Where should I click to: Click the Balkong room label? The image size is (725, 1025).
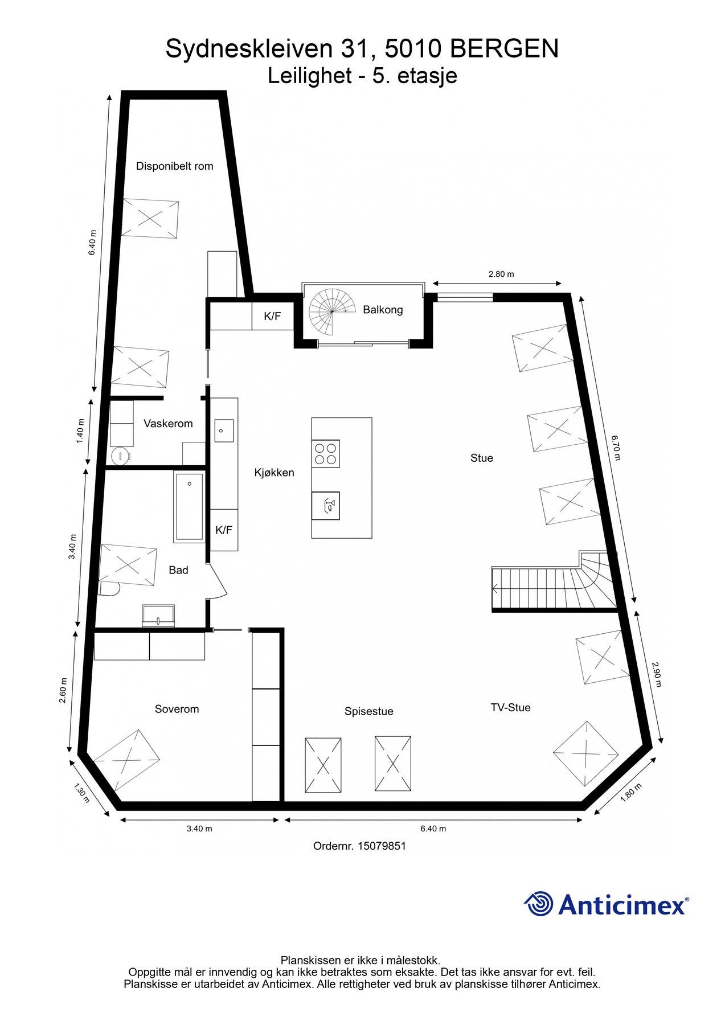[x=383, y=310]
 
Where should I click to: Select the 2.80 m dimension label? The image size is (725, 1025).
[x=501, y=274]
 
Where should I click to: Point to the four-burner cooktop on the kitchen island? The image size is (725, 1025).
[x=326, y=454]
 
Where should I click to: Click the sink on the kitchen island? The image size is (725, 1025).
[x=326, y=506]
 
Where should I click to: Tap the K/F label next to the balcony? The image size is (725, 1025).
[x=272, y=317]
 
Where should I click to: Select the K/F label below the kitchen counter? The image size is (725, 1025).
[x=224, y=530]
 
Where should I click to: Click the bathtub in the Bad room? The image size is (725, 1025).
[x=189, y=506]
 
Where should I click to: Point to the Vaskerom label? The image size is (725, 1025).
[x=168, y=424]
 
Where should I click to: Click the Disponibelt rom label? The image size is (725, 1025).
[x=174, y=166]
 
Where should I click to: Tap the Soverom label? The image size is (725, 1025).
[x=177, y=709]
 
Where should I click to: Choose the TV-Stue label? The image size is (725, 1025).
[x=510, y=707]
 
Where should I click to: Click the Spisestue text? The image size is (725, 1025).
[x=368, y=711]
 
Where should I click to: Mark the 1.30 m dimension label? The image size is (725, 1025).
[x=82, y=792]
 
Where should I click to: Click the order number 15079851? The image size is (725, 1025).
[x=382, y=846]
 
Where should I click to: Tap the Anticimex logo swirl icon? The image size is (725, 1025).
[x=539, y=904]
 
